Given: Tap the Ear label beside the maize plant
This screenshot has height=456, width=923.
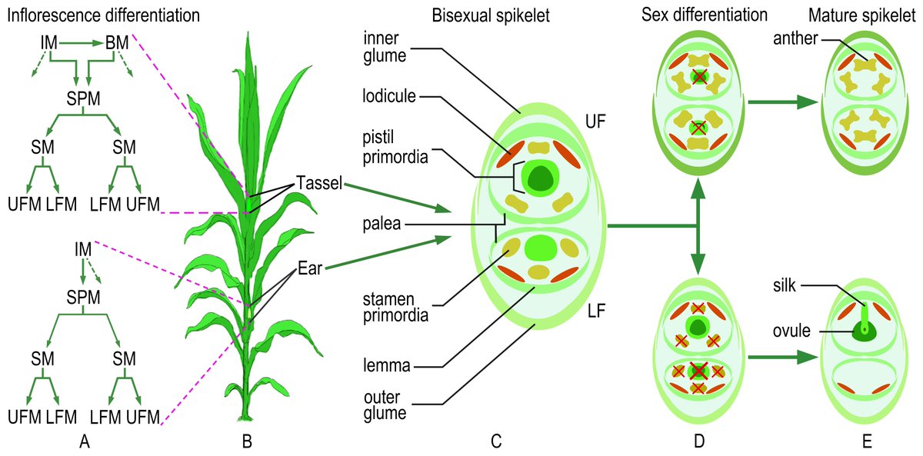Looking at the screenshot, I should (308, 269).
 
